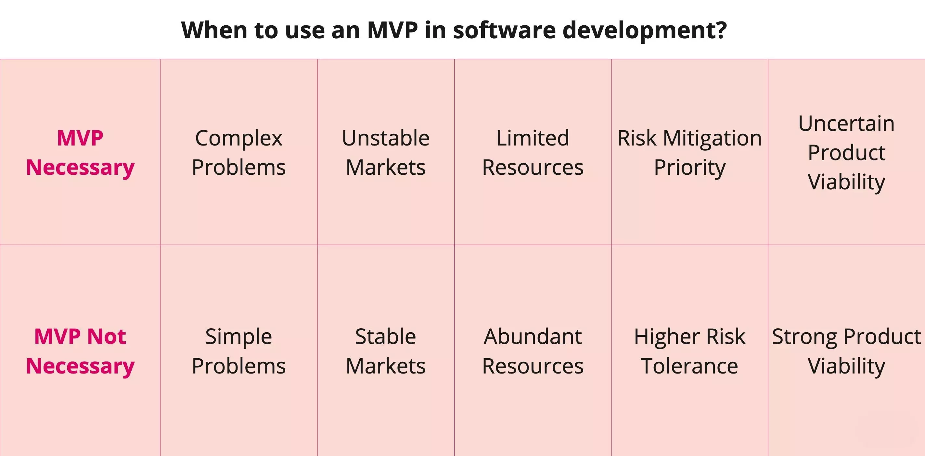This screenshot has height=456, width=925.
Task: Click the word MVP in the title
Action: click(392, 30)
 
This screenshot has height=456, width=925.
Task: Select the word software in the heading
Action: click(504, 30)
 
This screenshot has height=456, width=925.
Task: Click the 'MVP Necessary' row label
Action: click(80, 153)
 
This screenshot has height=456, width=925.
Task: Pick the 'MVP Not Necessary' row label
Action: click(80, 351)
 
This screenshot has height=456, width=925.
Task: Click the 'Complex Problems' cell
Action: click(238, 153)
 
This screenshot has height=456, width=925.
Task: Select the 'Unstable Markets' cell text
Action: click(386, 153)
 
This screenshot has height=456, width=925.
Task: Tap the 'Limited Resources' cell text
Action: click(533, 153)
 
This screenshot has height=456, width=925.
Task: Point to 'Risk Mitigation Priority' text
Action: click(689, 153)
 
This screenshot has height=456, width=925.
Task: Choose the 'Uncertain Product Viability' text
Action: click(846, 153)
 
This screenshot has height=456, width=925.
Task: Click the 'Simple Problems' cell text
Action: click(238, 351)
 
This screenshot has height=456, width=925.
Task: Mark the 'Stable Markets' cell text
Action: click(386, 351)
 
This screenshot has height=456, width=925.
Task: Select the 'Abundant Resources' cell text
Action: click(533, 351)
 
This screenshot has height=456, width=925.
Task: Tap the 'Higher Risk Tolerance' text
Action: click(689, 351)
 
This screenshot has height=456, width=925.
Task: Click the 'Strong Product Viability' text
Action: click(846, 351)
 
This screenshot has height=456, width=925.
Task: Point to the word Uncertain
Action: click(846, 123)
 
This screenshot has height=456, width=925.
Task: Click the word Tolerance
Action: click(689, 366)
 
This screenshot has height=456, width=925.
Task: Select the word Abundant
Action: click(533, 336)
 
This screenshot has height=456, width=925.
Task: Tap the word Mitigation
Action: click(713, 138)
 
